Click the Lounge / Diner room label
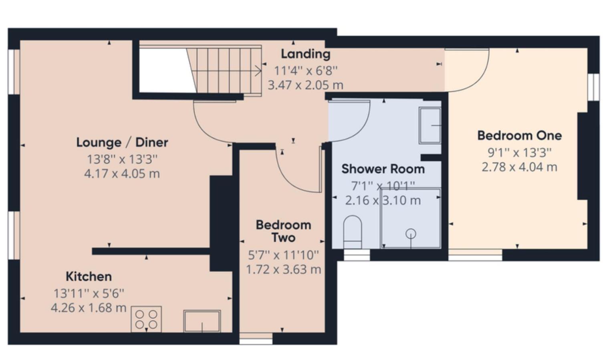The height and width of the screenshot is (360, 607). point(122,143)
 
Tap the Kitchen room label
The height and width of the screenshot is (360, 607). point(89,277)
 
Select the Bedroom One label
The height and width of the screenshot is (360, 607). point(520,136)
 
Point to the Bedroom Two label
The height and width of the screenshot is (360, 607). point(283,231)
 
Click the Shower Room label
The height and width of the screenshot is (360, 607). point(383,169)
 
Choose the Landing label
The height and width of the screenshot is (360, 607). point(306,54)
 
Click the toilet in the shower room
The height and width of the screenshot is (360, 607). point(353,232)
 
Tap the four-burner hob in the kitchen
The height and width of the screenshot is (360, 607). point(146,319)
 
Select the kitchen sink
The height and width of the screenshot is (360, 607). point(202,321)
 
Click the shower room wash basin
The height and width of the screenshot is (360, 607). point(430,125)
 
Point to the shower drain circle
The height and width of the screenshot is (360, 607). point(411,234)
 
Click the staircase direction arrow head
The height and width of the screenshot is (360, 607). point(258,71)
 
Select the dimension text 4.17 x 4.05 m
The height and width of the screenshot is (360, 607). point(122,174)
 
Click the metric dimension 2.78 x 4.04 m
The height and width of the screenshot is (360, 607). point(520,167)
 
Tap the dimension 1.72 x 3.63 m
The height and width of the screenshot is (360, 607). point(283,269)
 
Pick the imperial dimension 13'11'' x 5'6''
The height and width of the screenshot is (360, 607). point(89,293)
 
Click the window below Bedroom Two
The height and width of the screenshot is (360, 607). point(256,339)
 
